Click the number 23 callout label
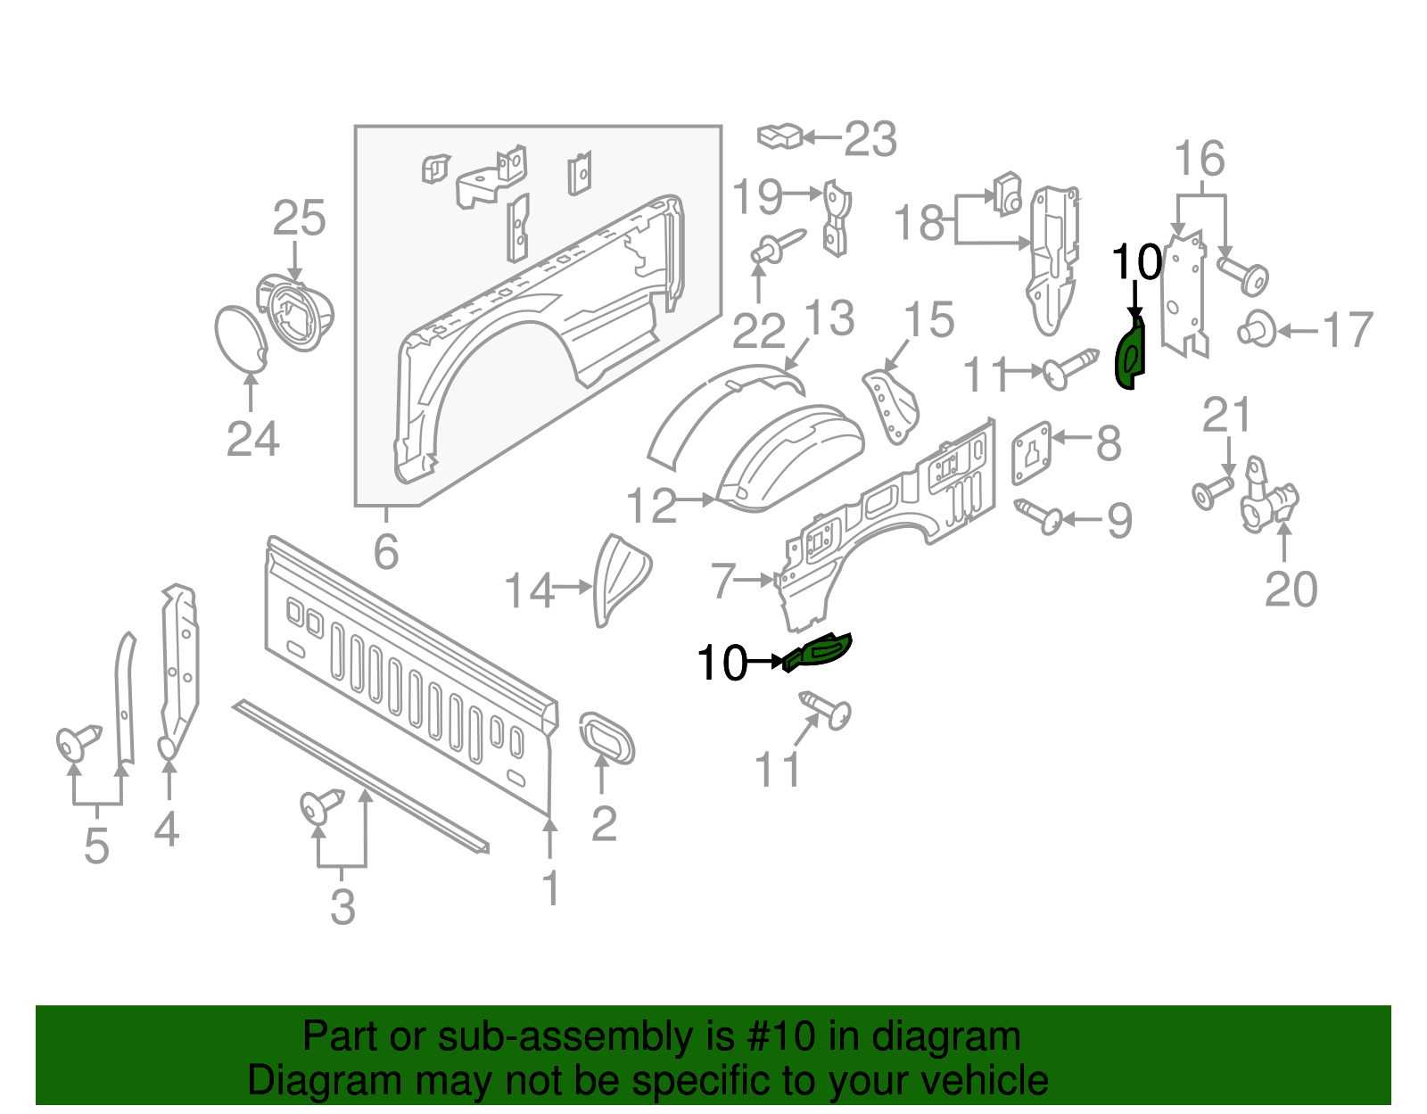point(870,140)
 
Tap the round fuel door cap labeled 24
point(241,338)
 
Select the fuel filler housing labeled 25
point(298,312)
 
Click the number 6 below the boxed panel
point(385,552)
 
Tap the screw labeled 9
point(1040,515)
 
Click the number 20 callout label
point(1291,590)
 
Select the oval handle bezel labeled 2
point(606,737)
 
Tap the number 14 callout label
point(530,590)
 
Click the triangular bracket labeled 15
point(890,406)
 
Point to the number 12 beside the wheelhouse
point(652,506)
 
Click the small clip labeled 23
point(779,136)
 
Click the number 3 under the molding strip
point(342,907)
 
